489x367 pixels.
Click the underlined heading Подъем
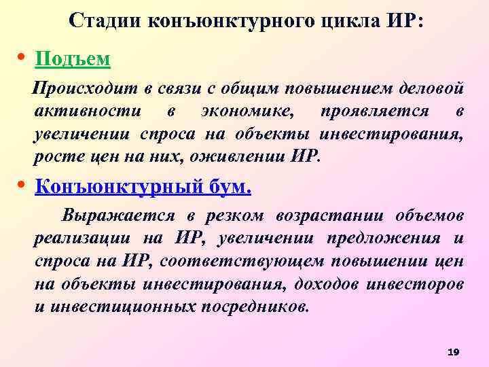coord(72,59)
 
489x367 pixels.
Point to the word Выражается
coord(120,216)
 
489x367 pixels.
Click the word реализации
coord(82,239)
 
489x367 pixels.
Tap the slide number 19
coord(454,351)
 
